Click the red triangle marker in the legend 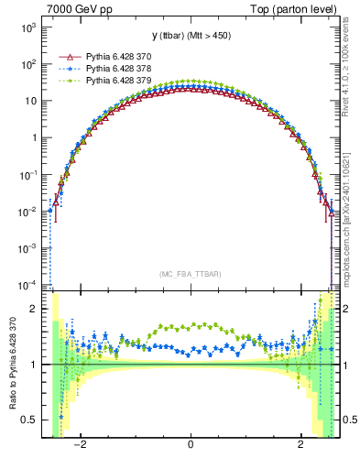66,57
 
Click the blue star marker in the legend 66,69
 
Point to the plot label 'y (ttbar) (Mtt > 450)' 190,36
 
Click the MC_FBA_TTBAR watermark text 190,274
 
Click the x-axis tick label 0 190,445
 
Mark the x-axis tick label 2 300,445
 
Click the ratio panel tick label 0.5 29,420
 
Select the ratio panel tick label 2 34,309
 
